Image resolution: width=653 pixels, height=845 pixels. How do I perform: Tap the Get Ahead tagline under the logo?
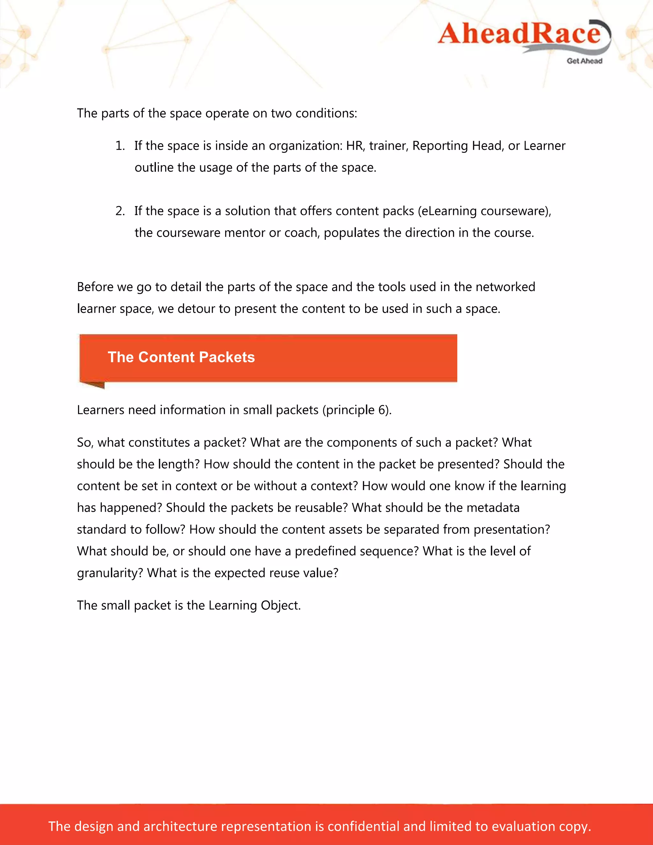tap(584, 61)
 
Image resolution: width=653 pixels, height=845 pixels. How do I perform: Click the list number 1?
tap(120, 146)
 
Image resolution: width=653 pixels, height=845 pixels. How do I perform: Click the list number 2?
tap(120, 211)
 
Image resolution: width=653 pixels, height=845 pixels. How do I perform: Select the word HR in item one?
tap(354, 146)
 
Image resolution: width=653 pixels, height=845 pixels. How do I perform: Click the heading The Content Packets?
tap(181, 357)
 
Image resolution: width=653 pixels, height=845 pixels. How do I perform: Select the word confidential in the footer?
tap(363, 826)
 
